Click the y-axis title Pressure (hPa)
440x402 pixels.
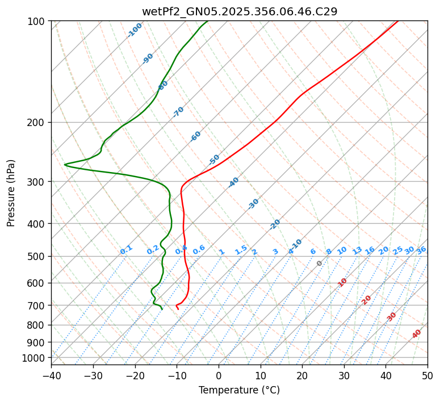pyautogui.click(x=11, y=192)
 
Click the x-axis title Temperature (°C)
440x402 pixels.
pyautogui.click(x=239, y=390)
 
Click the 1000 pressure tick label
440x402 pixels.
pyautogui.click(x=35, y=358)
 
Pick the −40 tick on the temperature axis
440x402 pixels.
pyautogui.click(x=51, y=375)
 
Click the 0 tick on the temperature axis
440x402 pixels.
pyautogui.click(x=219, y=375)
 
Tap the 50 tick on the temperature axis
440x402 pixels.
pyautogui.click(x=428, y=375)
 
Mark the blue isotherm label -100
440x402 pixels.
pyautogui.click(x=135, y=30)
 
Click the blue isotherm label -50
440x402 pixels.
pyautogui.click(x=214, y=160)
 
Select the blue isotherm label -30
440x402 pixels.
pyautogui.click(x=254, y=204)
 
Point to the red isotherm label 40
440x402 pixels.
pyautogui.click(x=417, y=334)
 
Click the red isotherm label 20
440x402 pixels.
pyautogui.click(x=367, y=299)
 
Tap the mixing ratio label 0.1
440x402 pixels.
pyautogui.click(x=126, y=250)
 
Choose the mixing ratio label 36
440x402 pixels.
pyautogui.click(x=421, y=250)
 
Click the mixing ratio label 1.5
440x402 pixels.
pyautogui.click(x=241, y=250)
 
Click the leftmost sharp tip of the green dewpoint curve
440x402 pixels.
pyautogui.click(x=64, y=165)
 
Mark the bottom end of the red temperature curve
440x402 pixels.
pyautogui.click(x=178, y=309)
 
